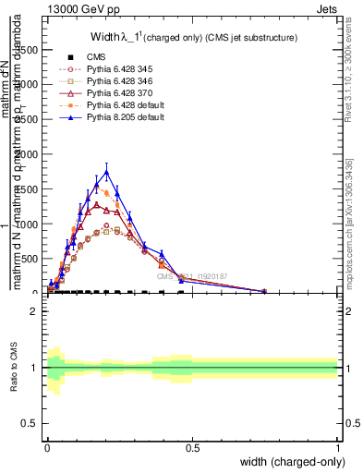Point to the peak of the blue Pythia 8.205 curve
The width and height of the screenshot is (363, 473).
point(107,172)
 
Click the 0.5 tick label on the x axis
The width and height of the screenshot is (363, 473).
point(192,447)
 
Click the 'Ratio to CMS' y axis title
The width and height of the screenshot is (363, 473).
point(13,368)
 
